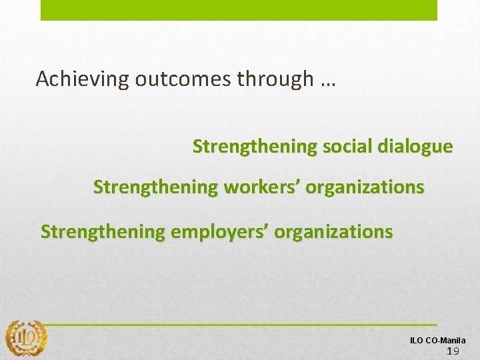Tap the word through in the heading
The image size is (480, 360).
(271, 79)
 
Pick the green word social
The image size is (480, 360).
(347, 147)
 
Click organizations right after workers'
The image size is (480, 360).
(365, 187)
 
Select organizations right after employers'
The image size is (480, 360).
(333, 232)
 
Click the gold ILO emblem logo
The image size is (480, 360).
(26, 337)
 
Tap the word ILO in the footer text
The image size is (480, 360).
(416, 341)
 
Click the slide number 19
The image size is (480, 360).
(453, 351)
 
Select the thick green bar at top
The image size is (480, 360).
(239, 10)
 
